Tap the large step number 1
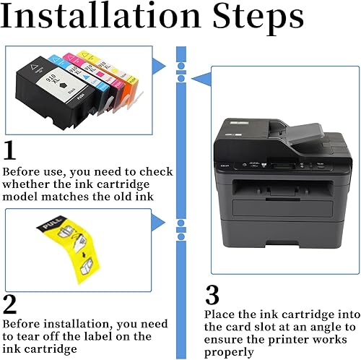[10, 150]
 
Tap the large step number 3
[211, 296]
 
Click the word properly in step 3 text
[229, 352]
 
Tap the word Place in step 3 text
[218, 314]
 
